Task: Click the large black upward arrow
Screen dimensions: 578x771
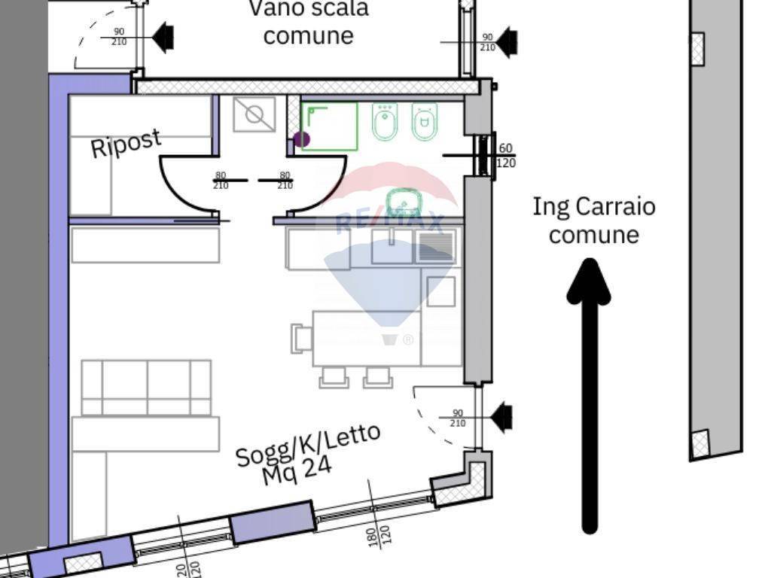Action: coord(590,391)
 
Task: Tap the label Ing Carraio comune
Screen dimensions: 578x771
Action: coord(593,220)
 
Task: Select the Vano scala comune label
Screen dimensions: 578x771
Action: coord(309,22)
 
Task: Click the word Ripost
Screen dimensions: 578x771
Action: coord(126,143)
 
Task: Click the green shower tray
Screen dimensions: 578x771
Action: coord(330,126)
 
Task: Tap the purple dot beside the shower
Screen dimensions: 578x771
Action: coord(301,138)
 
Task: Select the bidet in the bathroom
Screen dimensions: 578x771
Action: coord(385,122)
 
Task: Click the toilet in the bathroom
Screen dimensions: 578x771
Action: coord(425,121)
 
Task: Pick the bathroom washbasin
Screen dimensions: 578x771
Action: coord(404,202)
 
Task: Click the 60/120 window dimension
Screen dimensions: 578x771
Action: coord(506,156)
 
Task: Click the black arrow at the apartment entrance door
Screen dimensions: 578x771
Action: coord(501,415)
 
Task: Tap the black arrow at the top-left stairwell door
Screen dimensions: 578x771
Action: coord(163,35)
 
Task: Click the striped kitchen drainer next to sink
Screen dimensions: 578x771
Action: coord(435,247)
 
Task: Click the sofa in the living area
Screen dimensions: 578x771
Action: coord(146,387)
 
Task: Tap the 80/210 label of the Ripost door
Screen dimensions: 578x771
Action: coord(221,181)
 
